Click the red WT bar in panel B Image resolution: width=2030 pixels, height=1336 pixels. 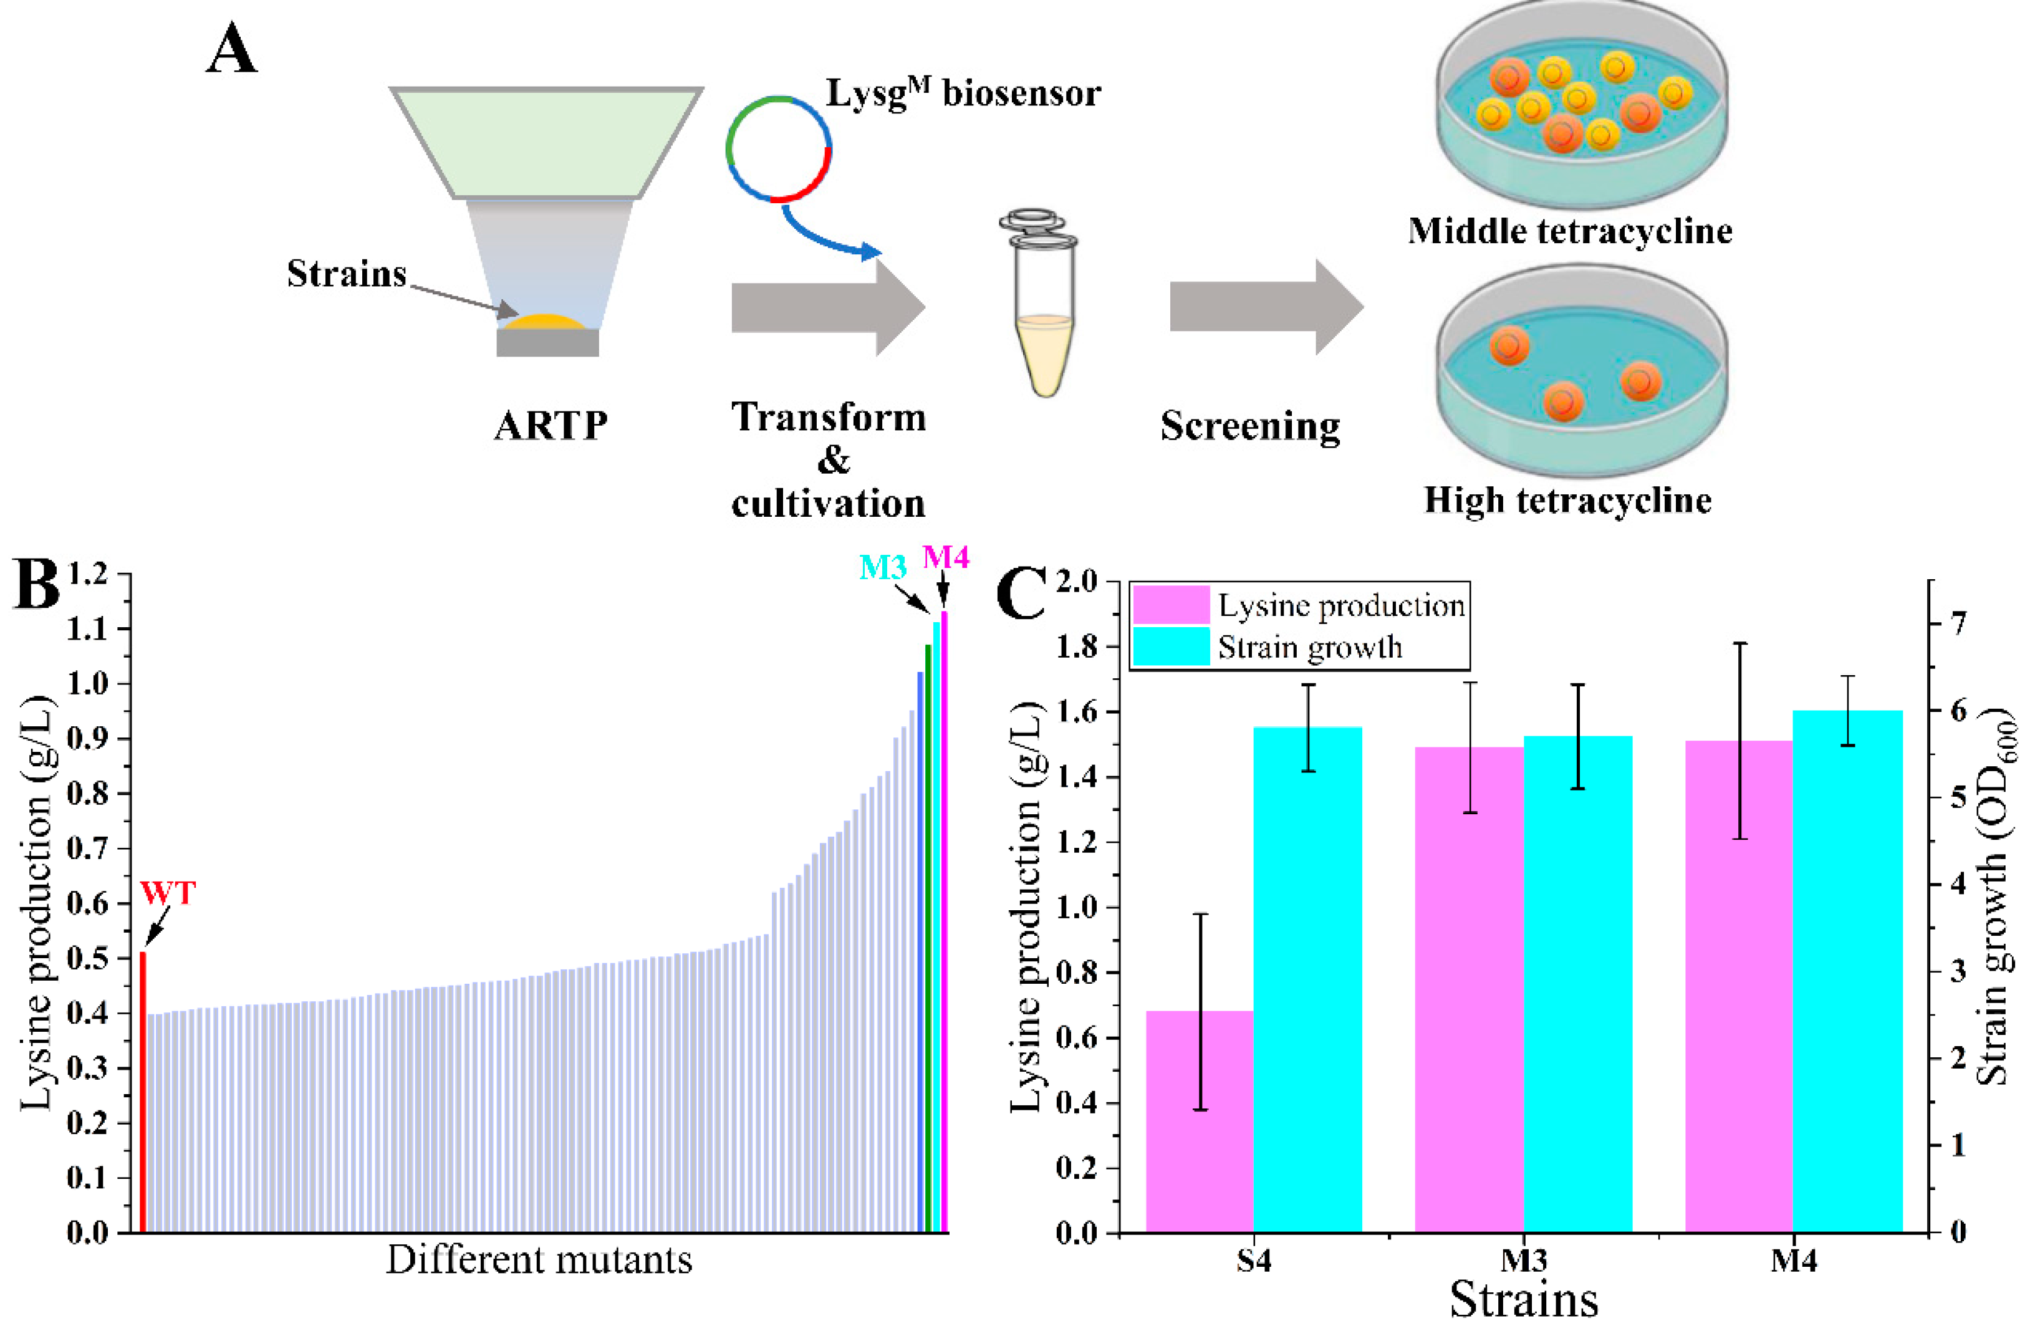pos(143,1092)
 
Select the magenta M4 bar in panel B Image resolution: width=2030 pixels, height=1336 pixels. pos(944,921)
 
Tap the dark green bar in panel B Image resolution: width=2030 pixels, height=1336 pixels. pos(928,938)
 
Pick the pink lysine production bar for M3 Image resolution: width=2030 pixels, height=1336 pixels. pos(1469,989)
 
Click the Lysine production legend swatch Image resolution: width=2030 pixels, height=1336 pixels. pos(1170,605)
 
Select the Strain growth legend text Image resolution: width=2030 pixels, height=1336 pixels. pos(1309,648)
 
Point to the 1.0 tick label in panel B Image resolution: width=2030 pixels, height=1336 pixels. pos(88,685)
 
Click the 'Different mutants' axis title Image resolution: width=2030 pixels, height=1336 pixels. pos(539,1260)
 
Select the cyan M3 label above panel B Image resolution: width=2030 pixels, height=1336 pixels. pos(882,567)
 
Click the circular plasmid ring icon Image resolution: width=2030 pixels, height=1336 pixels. pos(778,148)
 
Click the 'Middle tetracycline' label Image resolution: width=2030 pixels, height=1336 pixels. pos(1569,231)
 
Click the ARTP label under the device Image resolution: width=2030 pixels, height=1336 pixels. pos(551,425)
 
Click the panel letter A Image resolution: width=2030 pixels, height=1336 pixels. pos(231,49)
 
